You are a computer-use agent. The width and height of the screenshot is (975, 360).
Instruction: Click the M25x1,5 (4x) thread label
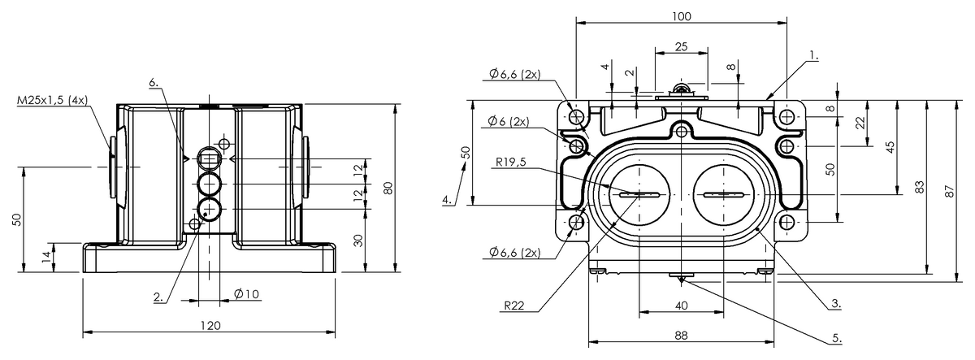click(x=52, y=100)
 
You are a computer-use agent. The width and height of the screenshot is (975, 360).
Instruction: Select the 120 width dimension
click(x=210, y=326)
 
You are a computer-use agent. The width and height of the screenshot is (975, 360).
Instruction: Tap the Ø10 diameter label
click(x=247, y=294)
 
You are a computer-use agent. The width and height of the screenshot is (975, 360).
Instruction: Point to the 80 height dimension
click(x=388, y=188)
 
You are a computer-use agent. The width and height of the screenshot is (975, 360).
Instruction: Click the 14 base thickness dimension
click(x=46, y=257)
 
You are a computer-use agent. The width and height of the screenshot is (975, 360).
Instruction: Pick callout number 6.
click(x=154, y=82)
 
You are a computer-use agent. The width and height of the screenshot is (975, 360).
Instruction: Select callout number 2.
click(x=158, y=297)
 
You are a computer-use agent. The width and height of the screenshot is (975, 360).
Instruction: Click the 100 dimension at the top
click(x=682, y=16)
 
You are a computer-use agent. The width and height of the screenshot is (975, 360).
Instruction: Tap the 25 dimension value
click(x=681, y=46)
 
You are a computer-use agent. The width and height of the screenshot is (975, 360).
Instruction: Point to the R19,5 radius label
click(x=511, y=162)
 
